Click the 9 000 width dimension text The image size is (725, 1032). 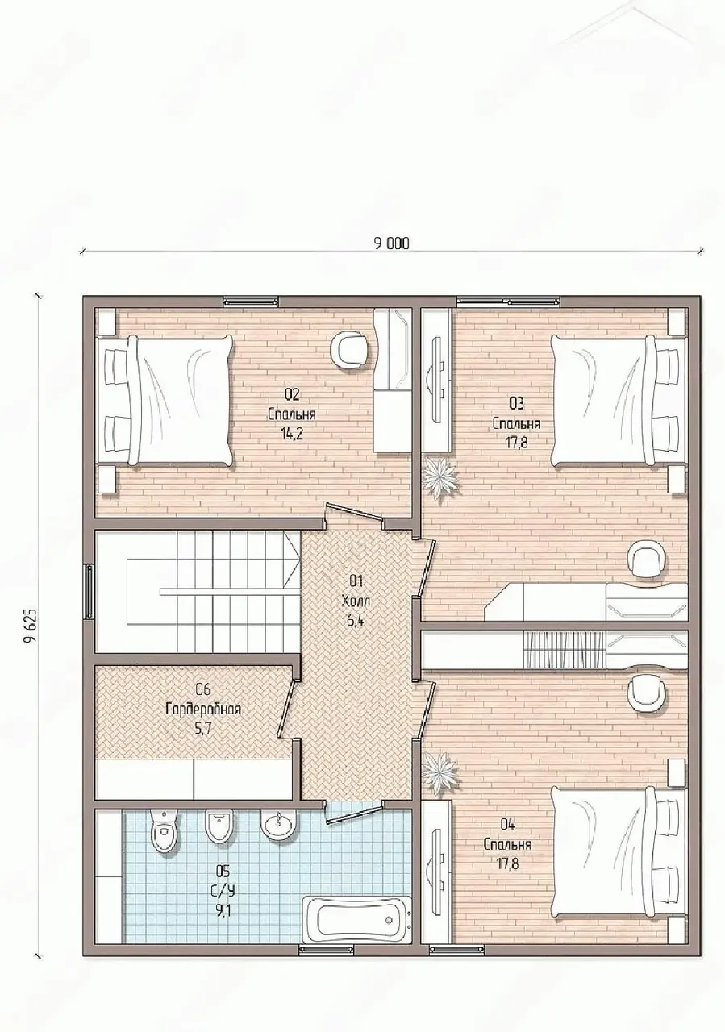point(391,243)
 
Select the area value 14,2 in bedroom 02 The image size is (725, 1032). point(291,434)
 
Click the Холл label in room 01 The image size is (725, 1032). point(356,601)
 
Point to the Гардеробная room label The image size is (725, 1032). point(202,709)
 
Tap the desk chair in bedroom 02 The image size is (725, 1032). point(350,349)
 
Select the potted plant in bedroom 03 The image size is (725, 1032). point(440,476)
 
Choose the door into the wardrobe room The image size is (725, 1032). point(289,709)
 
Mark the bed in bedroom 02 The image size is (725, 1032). point(164,399)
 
